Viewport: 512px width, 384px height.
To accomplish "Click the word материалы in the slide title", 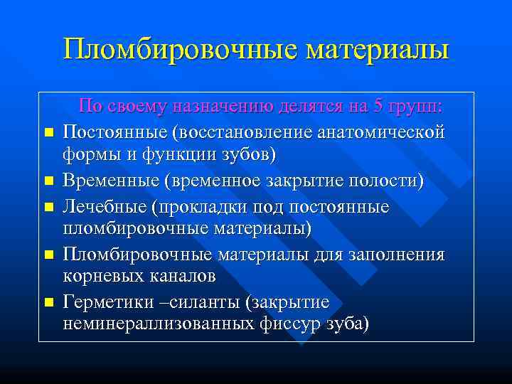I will point(377,50).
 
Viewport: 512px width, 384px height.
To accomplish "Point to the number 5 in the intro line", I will point(378,107).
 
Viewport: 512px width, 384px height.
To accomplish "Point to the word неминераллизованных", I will point(162,325).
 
